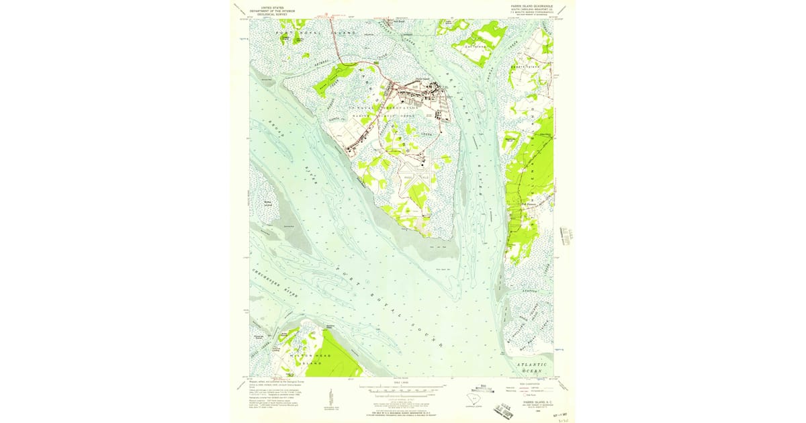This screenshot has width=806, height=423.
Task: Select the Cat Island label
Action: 476,46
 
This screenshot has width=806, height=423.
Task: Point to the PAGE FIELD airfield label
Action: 414,178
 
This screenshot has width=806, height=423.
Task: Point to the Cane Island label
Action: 523,67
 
